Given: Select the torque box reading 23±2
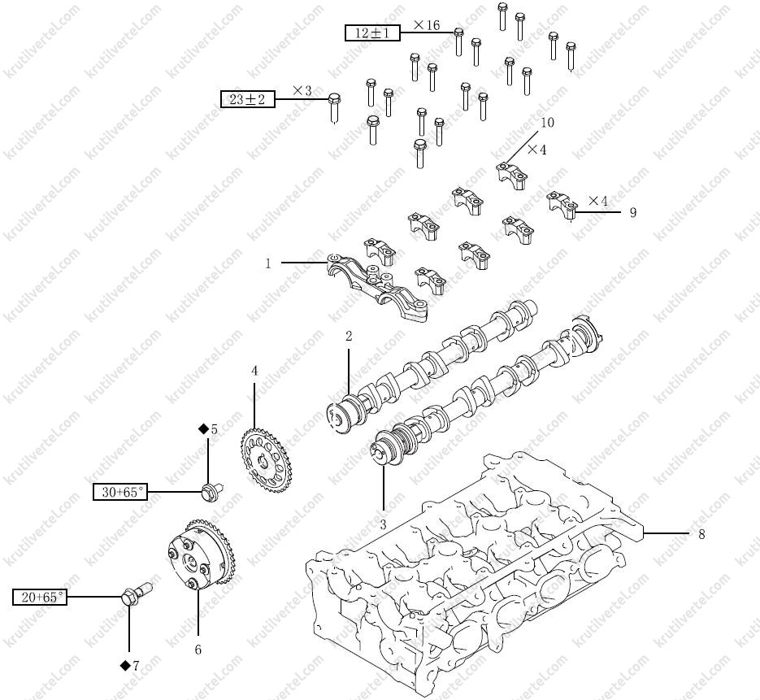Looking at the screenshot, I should [x=248, y=99].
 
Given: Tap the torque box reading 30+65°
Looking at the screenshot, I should [x=121, y=491].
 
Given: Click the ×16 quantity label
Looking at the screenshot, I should [x=427, y=25].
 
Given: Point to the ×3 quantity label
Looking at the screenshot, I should [x=302, y=90].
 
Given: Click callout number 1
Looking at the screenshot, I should [x=267, y=263].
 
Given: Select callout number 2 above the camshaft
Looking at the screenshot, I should [x=349, y=335].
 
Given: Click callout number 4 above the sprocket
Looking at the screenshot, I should [x=254, y=371].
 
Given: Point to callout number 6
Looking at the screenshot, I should [x=198, y=650].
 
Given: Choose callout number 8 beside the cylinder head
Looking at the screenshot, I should [x=701, y=534].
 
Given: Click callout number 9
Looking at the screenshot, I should [x=632, y=212].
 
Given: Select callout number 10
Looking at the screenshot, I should [x=547, y=122].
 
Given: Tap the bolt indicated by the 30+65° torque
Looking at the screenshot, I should [x=211, y=489].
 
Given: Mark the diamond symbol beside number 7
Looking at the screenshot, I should [x=125, y=665].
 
